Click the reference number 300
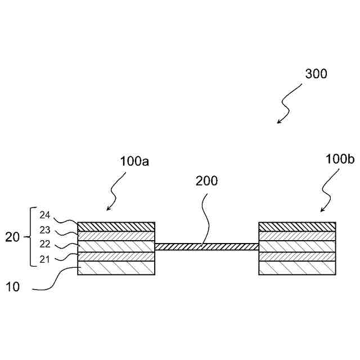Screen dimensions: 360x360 click(316, 74)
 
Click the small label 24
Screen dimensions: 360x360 click(46, 214)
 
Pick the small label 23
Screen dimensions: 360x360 click(46, 229)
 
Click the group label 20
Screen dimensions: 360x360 click(12, 237)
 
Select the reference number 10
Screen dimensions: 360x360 click(12, 286)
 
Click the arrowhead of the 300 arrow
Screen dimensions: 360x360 click(278, 121)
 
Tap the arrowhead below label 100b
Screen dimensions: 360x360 click(322, 210)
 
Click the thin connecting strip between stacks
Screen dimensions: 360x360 click(206, 246)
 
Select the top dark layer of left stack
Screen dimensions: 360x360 click(116, 226)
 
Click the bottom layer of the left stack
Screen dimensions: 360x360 click(116, 268)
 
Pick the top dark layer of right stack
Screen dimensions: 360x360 click(297, 226)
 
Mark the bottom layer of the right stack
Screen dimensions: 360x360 click(297, 268)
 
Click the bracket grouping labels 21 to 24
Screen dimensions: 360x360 click(30, 237)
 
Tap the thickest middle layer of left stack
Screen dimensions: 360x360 click(116, 246)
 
